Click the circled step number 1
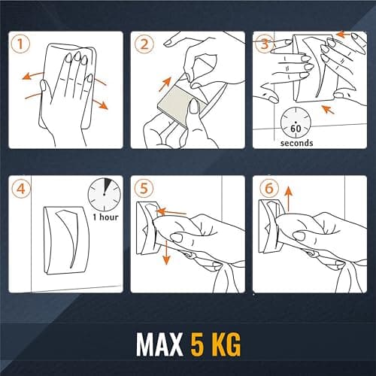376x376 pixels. pyautogui.click(x=20, y=44)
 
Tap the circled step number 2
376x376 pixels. pyautogui.click(x=144, y=44)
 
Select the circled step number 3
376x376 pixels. pyautogui.click(x=265, y=44)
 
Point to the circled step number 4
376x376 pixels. pyautogui.click(x=21, y=189)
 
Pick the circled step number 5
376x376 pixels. pyautogui.click(x=144, y=189)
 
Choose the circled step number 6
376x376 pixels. pyautogui.click(x=269, y=189)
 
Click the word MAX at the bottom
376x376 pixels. pyautogui.click(x=159, y=344)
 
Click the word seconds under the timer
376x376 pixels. pyautogui.click(x=296, y=143)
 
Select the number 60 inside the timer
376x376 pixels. pyautogui.click(x=296, y=129)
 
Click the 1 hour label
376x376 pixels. pyautogui.click(x=105, y=217)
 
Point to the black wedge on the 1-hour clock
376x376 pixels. pyautogui.click(x=108, y=185)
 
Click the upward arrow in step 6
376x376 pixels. pyautogui.click(x=289, y=199)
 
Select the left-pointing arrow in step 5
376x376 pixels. pyautogui.click(x=171, y=212)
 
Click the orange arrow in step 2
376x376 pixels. pyautogui.click(x=165, y=84)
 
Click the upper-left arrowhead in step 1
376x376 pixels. pyautogui.click(x=26, y=76)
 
